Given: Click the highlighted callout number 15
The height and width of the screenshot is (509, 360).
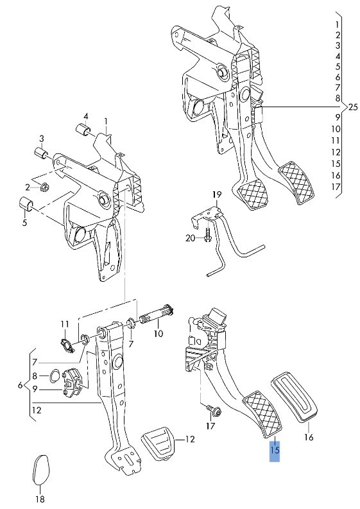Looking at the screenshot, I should tap(275, 451).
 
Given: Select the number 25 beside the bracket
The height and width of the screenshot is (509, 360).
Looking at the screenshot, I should tap(352, 107).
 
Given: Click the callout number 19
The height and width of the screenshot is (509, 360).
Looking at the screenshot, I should tap(217, 194).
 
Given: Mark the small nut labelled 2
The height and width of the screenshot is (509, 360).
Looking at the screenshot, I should tap(44, 187).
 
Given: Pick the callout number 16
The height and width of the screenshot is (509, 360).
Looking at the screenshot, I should tap(309, 437).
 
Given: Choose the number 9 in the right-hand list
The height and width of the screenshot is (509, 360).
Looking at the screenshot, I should tap(337, 117).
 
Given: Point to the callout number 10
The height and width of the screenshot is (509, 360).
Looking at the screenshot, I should tap(158, 334).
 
